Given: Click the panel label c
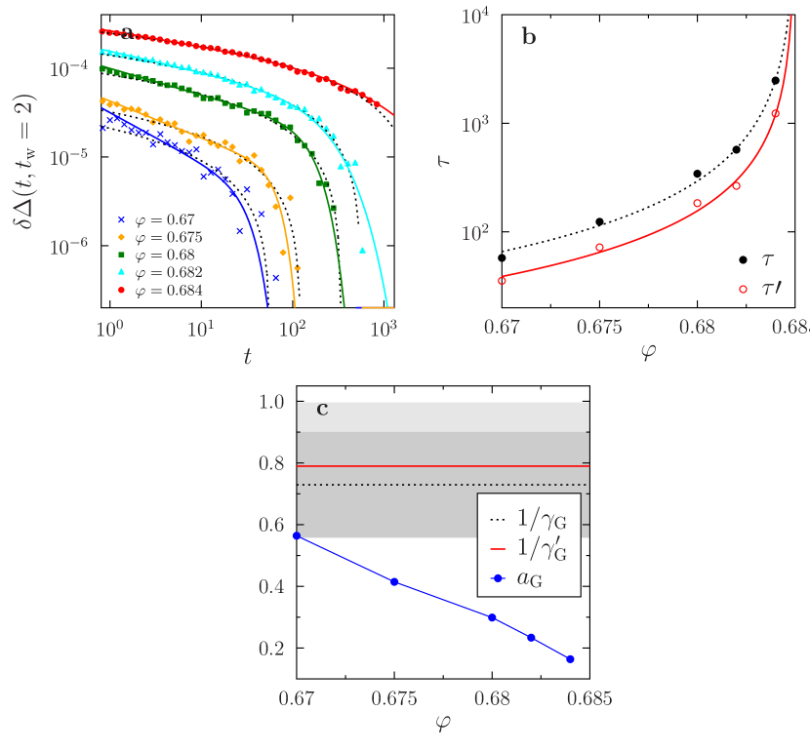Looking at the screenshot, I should tap(322, 410).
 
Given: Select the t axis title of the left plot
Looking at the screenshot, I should tap(247, 357).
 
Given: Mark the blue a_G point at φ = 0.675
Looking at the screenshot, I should tap(394, 582).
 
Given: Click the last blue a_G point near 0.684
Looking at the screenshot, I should tap(571, 659).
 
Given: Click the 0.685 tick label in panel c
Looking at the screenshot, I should tap(590, 699).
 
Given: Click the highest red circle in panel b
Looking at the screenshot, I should tap(776, 114).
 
